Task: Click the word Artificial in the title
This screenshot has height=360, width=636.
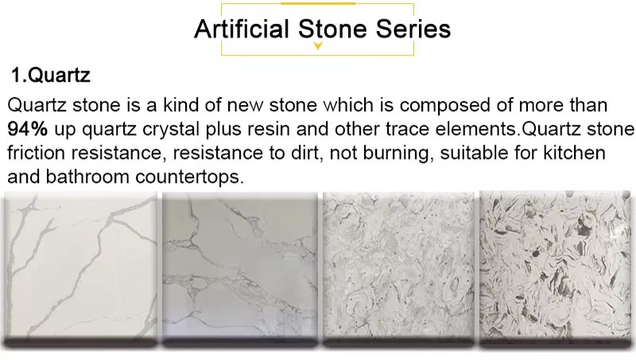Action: coord(242,29)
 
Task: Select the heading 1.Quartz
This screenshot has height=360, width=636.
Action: coord(51,75)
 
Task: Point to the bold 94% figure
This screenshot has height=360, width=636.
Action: coord(28,129)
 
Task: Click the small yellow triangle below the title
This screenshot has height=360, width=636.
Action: coord(318,46)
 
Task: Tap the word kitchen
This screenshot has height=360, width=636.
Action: coord(574,153)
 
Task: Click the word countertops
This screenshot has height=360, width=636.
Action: coord(189,177)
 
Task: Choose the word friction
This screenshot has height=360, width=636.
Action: coord(36,153)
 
